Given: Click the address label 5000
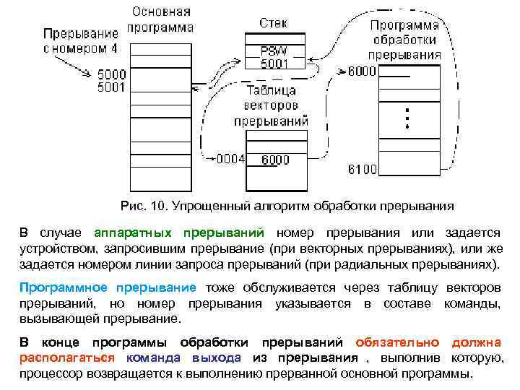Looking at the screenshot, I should coord(110,73).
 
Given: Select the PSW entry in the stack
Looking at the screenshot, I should coord(274,51).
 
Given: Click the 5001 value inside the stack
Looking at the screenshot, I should coord(274,64).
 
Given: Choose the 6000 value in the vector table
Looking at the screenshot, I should coord(275,160).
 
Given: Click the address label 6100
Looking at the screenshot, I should coord(362,170).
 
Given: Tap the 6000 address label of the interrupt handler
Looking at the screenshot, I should coord(362,71).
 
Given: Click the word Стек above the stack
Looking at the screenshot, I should coord(273,22).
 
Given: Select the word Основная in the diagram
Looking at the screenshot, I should coord(161,12).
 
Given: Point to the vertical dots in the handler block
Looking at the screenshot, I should coord(407,118).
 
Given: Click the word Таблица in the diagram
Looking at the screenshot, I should coord(271,91).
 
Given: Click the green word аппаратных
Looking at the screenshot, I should coord(133,233).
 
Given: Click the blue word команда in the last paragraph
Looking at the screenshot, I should coord(157,358).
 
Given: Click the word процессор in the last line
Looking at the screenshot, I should coord(52,374).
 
